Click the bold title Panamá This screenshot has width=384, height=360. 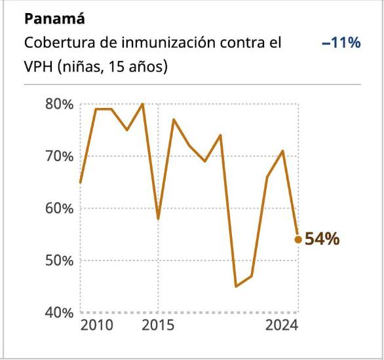(x=50, y=19)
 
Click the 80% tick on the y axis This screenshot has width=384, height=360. (x=58, y=104)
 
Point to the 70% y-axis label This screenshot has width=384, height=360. (x=58, y=156)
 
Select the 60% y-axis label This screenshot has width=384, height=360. (x=58, y=208)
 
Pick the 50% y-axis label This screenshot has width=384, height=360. (x=58, y=261)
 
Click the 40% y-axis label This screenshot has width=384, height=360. (x=58, y=312)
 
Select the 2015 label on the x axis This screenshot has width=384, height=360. (x=158, y=326)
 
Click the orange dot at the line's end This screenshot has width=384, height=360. (x=298, y=240)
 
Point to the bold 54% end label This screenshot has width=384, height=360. (x=322, y=240)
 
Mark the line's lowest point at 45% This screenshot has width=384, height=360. (x=236, y=286)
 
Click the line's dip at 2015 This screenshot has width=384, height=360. (x=158, y=219)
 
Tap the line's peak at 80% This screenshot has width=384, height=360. (x=143, y=104)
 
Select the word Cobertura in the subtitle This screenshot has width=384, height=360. (x=55, y=43)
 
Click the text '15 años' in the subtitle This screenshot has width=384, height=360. (x=142, y=67)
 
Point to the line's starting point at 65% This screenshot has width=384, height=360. (x=81, y=182)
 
